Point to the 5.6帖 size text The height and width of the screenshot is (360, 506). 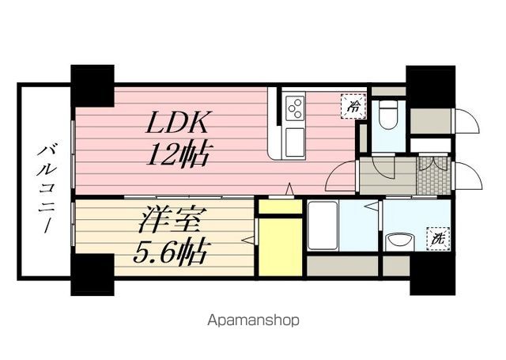[x=170, y=252]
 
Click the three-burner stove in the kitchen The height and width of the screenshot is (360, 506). [x=296, y=107]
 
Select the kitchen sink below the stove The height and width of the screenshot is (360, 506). [x=296, y=142]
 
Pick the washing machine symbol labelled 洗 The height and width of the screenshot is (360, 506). [x=436, y=237]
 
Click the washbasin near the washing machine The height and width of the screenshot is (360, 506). [x=398, y=241]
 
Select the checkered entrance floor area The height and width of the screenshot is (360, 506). [x=433, y=174]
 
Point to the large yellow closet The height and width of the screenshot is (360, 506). [x=280, y=245]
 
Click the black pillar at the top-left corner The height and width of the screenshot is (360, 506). [x=93, y=85]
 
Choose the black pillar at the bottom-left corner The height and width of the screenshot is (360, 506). [x=93, y=275]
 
